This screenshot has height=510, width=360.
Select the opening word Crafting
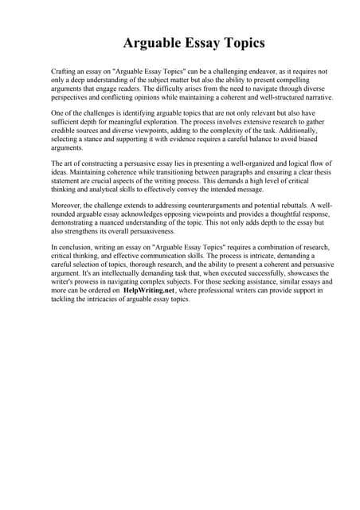[x=65, y=71]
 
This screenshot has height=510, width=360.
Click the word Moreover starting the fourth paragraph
[x=67, y=206]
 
